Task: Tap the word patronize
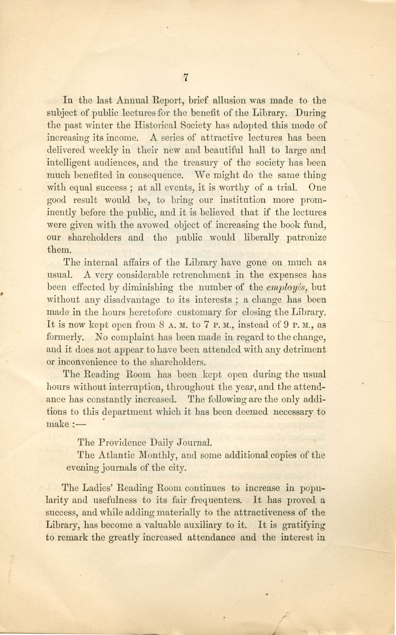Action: (x=306, y=238)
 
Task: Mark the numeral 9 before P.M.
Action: (x=286, y=324)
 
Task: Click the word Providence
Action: (x=122, y=443)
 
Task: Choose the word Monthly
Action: (x=160, y=456)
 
